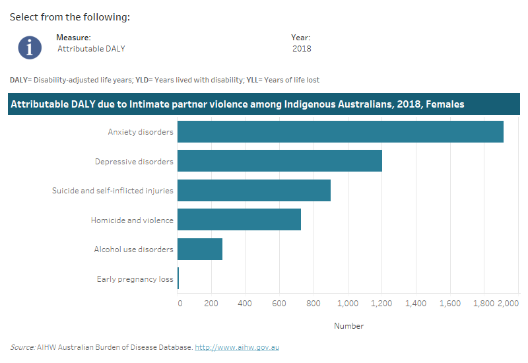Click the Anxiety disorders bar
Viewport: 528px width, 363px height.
340,131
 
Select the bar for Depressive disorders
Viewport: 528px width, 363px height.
279,161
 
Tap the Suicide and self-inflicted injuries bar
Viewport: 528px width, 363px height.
253,190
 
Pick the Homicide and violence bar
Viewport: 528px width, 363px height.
239,220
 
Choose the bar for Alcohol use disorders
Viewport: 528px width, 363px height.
199,249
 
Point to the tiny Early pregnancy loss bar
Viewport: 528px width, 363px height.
178,279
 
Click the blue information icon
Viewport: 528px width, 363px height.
30,47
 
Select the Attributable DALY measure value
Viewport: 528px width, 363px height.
91,48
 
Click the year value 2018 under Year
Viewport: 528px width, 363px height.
302,48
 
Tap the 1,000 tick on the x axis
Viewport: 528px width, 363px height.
347,303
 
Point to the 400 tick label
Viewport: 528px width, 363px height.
245,303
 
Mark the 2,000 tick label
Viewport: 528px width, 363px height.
509,303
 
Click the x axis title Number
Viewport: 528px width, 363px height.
348,325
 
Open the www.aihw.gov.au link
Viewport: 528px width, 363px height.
237,347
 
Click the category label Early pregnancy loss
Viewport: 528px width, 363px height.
135,279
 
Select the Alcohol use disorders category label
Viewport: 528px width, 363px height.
133,249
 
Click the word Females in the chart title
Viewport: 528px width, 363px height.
444,104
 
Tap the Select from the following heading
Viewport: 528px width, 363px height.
69,16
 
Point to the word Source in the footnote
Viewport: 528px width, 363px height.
22,347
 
